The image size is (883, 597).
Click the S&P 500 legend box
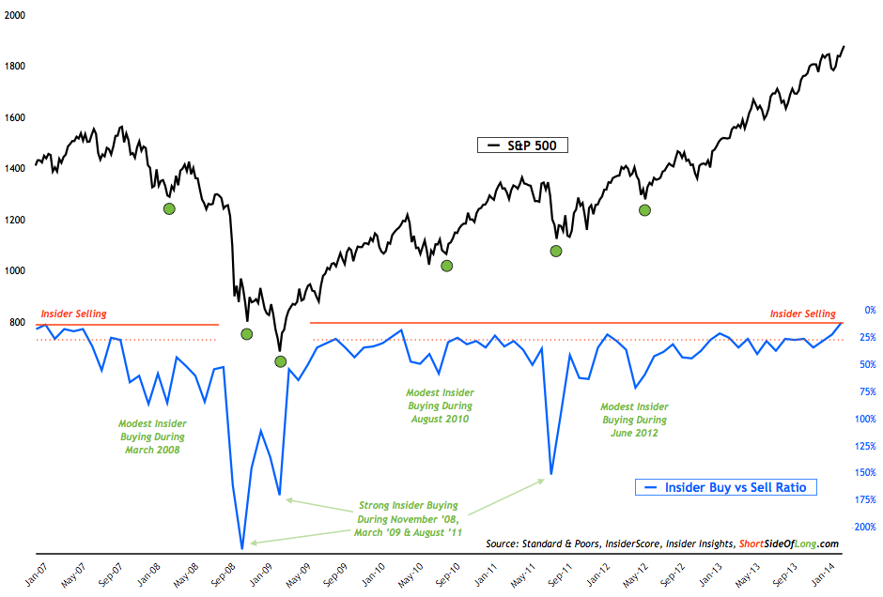(522, 145)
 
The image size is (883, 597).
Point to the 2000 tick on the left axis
(15, 16)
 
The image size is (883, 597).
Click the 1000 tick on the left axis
(15, 271)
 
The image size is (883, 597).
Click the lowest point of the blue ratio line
(242, 548)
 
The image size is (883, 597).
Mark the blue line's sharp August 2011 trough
(551, 474)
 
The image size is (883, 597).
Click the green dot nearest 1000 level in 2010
(447, 266)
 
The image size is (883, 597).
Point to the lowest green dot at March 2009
(280, 361)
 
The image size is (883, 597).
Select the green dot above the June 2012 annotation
(644, 209)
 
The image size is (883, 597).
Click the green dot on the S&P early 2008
(169, 208)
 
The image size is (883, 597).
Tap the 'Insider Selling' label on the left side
(73, 314)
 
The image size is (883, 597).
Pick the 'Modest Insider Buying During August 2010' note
(440, 406)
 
